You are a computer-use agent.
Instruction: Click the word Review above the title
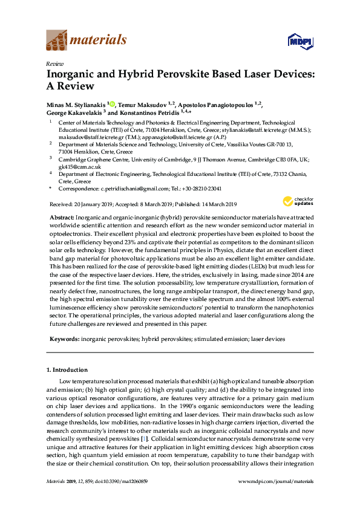pyautogui.click(x=55, y=63)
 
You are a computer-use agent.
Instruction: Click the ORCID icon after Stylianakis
pyautogui.click(x=113, y=104)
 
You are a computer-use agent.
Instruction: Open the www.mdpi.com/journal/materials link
pyautogui.click(x=277, y=481)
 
